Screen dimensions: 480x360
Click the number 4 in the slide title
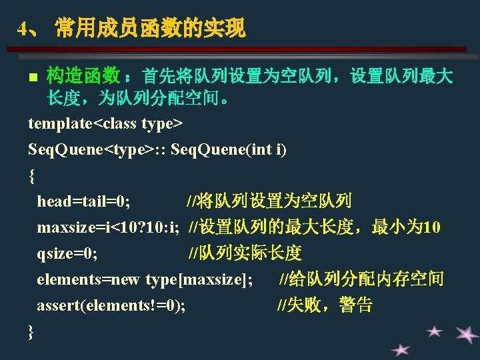pyautogui.click(x=23, y=29)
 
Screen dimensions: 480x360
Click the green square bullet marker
pyautogui.click(x=33, y=77)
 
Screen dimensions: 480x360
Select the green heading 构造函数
pyautogui.click(x=83, y=75)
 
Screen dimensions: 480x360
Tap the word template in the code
pyautogui.click(x=60, y=124)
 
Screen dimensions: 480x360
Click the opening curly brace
pyautogui.click(x=31, y=176)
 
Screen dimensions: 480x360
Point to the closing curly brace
pyautogui.click(x=31, y=332)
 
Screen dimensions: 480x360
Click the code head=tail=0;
pyautogui.click(x=83, y=201)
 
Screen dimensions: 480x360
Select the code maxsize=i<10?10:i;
pyautogui.click(x=109, y=227)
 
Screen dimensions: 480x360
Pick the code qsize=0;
pyautogui.click(x=67, y=254)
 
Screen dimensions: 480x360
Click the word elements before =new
pyautogui.click(x=69, y=279)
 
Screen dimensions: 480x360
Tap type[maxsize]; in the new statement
pyautogui.click(x=199, y=280)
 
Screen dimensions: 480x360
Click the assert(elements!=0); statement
pyautogui.click(x=111, y=305)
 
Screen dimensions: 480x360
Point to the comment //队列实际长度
pyautogui.click(x=245, y=253)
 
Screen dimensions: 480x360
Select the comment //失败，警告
pyautogui.click(x=325, y=305)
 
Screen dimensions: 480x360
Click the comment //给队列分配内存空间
pyautogui.click(x=361, y=279)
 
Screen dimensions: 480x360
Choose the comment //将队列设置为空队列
pyautogui.click(x=269, y=201)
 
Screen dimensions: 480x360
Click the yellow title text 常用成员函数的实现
pyautogui.click(x=151, y=28)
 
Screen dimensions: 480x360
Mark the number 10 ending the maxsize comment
pyautogui.click(x=431, y=227)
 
